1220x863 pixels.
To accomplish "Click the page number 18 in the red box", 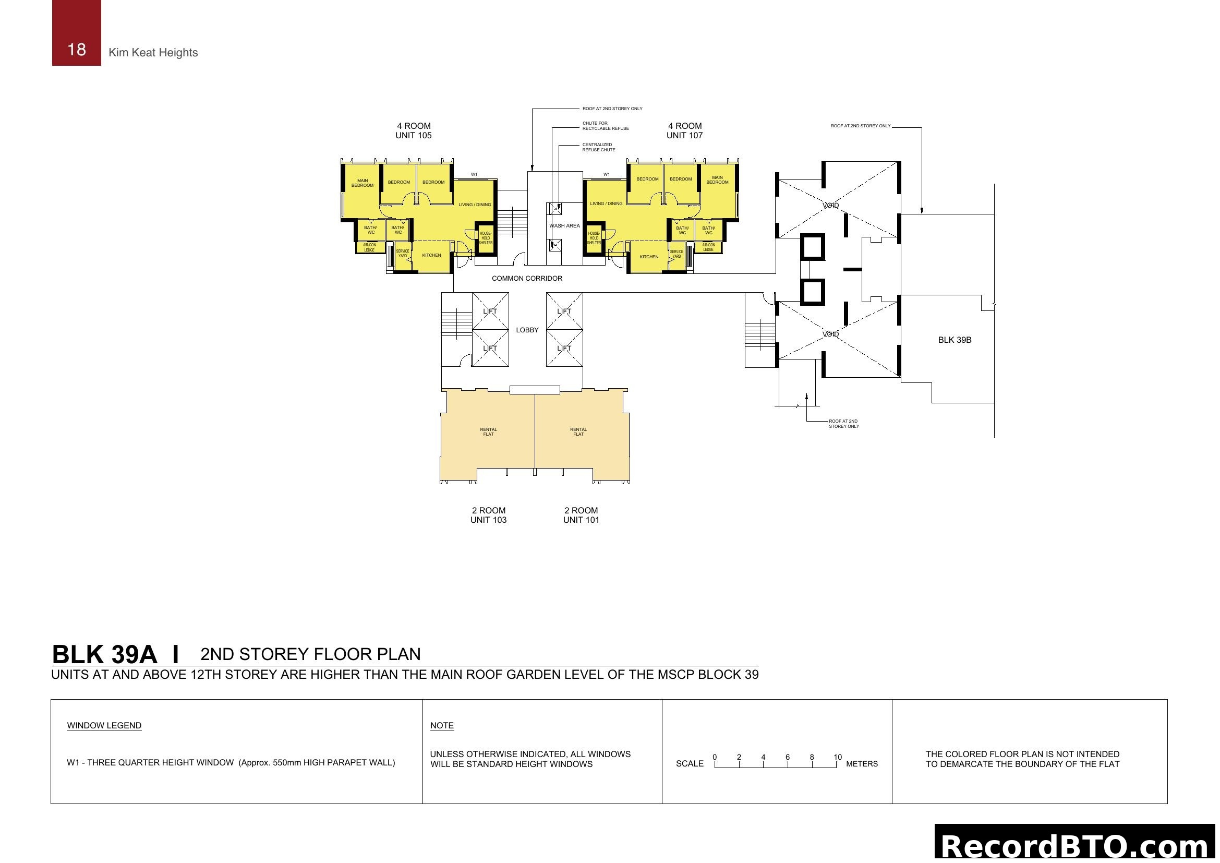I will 77,50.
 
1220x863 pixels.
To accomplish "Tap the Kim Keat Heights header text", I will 153,53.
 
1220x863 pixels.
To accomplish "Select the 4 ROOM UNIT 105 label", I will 414,131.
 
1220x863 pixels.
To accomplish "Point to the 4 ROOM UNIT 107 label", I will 684,131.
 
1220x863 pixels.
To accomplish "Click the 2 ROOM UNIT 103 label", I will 488,515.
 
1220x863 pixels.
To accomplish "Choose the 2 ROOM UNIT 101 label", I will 581,515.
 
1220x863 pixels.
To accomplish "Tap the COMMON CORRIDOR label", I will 527,279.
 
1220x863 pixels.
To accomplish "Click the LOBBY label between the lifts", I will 527,330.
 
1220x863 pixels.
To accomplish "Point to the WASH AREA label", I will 564,226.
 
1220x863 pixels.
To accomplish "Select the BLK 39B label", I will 955,340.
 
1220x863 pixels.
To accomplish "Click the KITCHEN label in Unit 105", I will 431,255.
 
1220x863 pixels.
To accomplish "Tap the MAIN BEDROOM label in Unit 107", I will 717,180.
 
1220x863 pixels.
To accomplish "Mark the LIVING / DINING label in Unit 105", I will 475,205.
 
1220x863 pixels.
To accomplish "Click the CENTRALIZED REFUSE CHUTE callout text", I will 598,147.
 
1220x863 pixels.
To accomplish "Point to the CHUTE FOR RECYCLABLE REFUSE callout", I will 605,126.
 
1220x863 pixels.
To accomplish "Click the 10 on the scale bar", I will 838,757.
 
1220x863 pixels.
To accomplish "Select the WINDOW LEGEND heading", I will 104,726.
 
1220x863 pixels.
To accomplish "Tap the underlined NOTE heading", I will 442,726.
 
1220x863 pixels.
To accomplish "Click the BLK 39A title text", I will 104,655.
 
